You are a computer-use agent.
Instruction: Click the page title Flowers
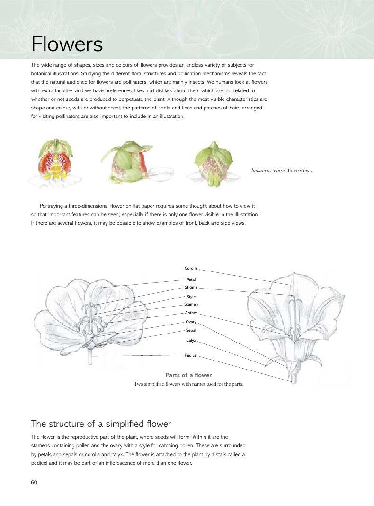click(x=67, y=45)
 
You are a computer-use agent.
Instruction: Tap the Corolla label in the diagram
click(x=191, y=269)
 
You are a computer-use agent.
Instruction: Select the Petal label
click(x=191, y=280)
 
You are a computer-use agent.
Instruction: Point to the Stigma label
click(x=191, y=287)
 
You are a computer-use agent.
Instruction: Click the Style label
click(x=191, y=297)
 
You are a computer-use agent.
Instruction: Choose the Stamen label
click(x=191, y=304)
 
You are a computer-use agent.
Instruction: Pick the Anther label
click(x=191, y=313)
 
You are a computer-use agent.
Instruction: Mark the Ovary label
click(x=191, y=322)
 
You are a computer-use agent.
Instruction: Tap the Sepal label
click(x=191, y=330)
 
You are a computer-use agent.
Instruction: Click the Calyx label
click(x=191, y=340)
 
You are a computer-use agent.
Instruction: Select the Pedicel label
click(x=191, y=355)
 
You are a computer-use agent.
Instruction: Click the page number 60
click(x=34, y=482)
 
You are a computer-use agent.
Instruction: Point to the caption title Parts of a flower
click(x=188, y=375)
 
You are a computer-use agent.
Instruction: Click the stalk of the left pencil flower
click(x=90, y=356)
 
